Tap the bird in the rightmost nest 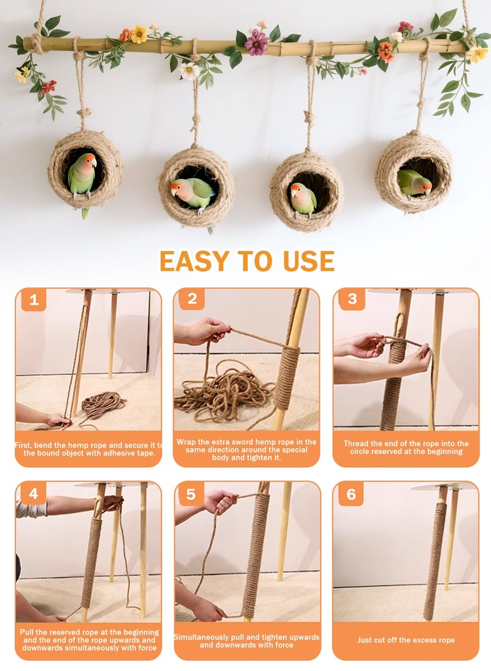(414, 183)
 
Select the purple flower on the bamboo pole (257, 42)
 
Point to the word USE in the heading (309, 261)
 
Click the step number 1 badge (34, 300)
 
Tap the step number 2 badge (192, 299)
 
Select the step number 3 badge (352, 299)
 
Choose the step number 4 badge (33, 493)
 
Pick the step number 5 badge (191, 494)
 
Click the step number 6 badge (351, 494)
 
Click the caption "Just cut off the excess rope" (406, 640)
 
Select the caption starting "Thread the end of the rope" (406, 447)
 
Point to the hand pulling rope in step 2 (201, 331)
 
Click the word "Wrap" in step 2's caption (185, 442)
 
